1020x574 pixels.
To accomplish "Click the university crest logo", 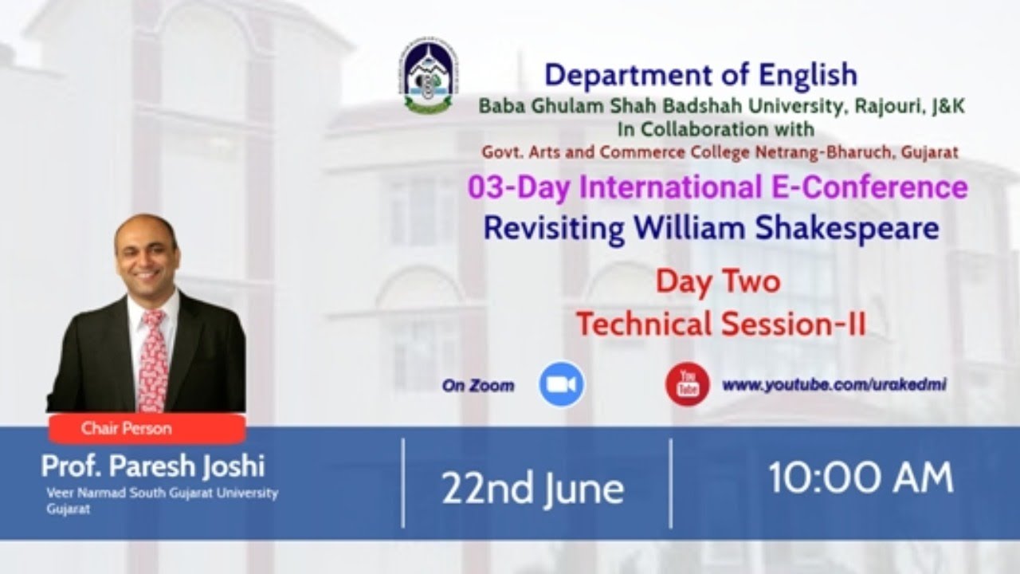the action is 429,76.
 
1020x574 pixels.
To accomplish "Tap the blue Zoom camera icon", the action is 562,384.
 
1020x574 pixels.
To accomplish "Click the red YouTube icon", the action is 688,384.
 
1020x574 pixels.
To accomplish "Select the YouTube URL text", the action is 834,385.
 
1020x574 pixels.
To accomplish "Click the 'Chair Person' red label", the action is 147,428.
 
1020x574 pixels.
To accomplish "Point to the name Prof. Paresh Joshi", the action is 153,466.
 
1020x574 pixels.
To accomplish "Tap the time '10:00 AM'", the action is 861,478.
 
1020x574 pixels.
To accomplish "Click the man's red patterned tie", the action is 153,360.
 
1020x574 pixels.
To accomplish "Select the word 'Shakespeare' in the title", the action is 847,228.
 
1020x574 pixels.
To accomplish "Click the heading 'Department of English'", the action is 701,75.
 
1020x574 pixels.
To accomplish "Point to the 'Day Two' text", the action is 718,281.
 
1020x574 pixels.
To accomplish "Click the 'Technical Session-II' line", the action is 721,324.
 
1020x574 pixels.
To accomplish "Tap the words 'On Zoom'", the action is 478,386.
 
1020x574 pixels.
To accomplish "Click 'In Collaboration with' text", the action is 716,129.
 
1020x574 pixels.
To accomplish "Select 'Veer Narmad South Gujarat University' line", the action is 162,493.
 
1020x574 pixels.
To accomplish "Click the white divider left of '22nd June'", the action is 403,483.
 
